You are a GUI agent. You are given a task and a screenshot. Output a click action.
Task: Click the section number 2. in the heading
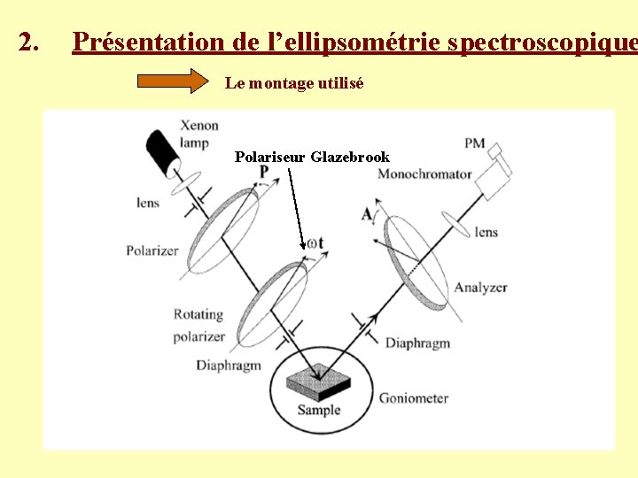pos(29,42)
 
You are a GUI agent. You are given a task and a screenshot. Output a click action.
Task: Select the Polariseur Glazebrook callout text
pos(312,157)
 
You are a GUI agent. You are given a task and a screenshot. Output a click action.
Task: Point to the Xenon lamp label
pos(200,134)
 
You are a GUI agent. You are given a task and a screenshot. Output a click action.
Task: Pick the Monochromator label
pos(424,174)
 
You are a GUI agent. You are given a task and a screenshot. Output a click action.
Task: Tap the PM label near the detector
pos(474,143)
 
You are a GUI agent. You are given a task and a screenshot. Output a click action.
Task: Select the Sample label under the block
pos(318,410)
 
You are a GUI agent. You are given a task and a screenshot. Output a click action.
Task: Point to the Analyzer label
pos(480,287)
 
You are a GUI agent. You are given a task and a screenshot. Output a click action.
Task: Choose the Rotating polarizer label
pos(198,325)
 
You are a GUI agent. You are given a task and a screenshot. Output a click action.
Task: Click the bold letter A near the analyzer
pos(367,213)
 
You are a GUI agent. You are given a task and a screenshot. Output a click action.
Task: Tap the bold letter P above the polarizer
pos(263,172)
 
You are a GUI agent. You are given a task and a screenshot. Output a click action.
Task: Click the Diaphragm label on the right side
pos(417,343)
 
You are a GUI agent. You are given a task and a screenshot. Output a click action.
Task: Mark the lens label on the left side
pos(148,203)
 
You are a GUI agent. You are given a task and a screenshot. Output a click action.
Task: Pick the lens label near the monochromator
pos(486,232)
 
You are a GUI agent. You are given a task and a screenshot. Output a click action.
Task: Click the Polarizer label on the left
pos(152,251)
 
